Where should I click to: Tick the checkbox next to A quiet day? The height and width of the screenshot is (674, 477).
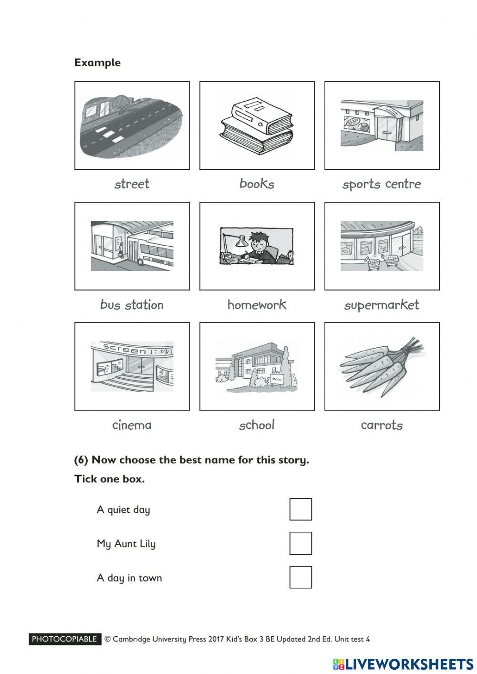(301, 509)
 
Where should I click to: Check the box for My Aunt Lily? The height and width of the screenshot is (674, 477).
(301, 543)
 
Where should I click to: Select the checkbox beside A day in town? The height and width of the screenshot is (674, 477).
(301, 577)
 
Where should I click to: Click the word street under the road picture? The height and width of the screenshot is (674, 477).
(132, 184)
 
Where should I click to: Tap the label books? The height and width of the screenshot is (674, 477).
(257, 184)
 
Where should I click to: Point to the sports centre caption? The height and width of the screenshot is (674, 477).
(382, 184)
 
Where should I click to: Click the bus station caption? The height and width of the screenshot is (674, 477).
(132, 305)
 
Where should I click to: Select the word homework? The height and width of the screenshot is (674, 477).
(257, 305)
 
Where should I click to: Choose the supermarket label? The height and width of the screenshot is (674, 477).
(382, 305)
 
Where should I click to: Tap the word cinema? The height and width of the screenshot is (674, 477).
(132, 425)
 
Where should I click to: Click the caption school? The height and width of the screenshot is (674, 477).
(257, 425)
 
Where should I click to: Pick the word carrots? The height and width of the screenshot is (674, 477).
(382, 425)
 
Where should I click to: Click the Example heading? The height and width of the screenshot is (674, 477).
(97, 62)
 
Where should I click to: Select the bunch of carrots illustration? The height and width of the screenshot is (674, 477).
(382, 366)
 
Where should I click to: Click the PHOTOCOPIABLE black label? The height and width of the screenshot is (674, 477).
(65, 639)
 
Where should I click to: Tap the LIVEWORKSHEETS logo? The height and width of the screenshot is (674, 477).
(404, 664)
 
